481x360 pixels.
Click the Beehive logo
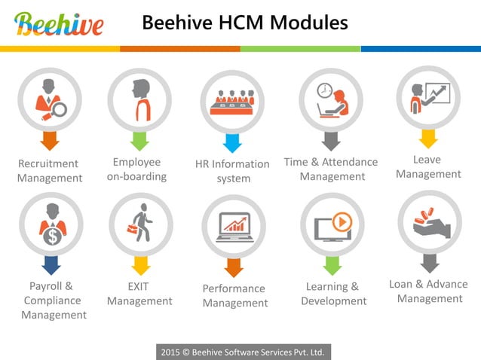[x=59, y=24]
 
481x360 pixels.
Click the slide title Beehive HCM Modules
[x=245, y=23]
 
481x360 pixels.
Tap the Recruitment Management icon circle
[x=50, y=99]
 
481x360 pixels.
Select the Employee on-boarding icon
[x=139, y=99]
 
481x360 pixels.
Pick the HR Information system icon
[x=232, y=101]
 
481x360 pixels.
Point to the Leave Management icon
[x=428, y=97]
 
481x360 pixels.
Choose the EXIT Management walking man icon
[x=141, y=224]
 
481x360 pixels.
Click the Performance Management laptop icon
[x=234, y=227]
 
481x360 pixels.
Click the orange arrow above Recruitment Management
[x=50, y=140]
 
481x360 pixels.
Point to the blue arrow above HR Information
[x=232, y=143]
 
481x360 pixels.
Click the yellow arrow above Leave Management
[x=428, y=138]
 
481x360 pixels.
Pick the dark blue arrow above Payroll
[x=51, y=265]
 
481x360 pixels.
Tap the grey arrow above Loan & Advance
[x=430, y=263]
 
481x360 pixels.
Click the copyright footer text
[x=243, y=352]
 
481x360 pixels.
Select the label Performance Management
[x=235, y=295]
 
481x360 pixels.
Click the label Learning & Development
[x=333, y=293]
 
